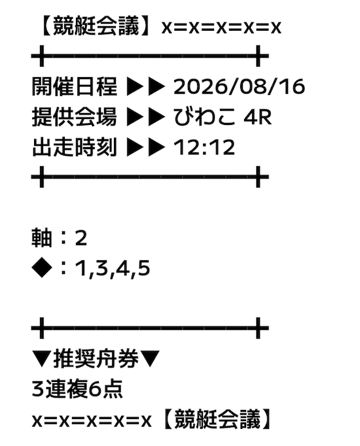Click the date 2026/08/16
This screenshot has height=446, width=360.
click(239, 86)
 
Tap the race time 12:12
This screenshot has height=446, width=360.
click(204, 147)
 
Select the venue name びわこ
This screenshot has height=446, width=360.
click(204, 116)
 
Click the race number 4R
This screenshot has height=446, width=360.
click(257, 117)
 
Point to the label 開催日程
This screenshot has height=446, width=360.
click(74, 86)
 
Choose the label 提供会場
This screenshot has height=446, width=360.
click(74, 117)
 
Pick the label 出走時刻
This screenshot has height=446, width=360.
click(74, 147)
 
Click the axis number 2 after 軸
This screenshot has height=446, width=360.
click(81, 238)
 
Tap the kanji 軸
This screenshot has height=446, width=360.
click(42, 238)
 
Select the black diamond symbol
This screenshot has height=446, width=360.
click(42, 268)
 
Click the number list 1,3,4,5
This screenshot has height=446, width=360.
click(113, 269)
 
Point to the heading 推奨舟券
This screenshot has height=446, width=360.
click(96, 358)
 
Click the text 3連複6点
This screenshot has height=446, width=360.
click(77, 389)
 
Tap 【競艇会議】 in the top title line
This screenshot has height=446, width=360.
click(96, 26)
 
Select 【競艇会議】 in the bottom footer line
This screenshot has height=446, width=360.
click(216, 419)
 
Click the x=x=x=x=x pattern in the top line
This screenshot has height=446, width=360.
click(221, 27)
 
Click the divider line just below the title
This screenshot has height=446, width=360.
click(150, 56)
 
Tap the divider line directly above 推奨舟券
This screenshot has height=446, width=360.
click(150, 328)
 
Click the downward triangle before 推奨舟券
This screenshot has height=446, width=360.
click(42, 359)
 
